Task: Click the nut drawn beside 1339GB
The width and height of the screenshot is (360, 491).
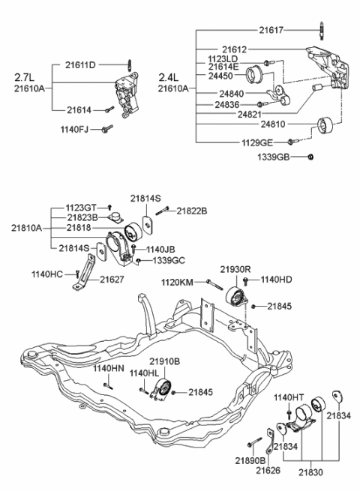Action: click(312, 157)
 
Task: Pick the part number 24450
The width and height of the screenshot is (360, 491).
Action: click(223, 76)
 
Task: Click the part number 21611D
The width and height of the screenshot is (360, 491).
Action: click(81, 65)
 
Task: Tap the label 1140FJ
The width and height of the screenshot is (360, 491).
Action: click(74, 130)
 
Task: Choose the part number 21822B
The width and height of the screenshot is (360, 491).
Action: click(193, 211)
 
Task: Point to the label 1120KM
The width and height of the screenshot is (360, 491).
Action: click(178, 281)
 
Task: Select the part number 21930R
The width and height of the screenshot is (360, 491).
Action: click(235, 268)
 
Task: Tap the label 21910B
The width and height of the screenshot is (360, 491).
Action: click(165, 361)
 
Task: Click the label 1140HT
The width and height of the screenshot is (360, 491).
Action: click(288, 397)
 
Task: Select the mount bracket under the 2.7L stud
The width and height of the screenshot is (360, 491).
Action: click(124, 94)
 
